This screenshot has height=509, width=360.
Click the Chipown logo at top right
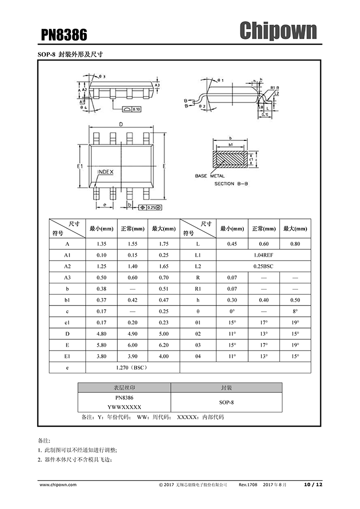(278, 31)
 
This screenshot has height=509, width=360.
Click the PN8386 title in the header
(64, 34)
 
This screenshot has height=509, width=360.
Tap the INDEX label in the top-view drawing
(105, 172)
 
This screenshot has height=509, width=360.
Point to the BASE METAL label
(210, 176)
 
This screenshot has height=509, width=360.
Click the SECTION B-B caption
(231, 184)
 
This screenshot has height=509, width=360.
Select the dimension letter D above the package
(121, 124)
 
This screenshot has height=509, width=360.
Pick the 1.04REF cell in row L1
(263, 255)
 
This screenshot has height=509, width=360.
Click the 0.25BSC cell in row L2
(263, 266)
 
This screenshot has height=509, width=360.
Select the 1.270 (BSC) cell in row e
(133, 368)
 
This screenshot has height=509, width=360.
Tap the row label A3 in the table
(67, 278)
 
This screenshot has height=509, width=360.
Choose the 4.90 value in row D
(133, 334)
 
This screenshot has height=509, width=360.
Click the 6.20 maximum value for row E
(164, 345)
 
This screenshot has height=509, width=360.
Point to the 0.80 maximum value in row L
(295, 244)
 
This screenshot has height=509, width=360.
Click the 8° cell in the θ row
(295, 312)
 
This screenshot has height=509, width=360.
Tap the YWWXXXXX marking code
(124, 407)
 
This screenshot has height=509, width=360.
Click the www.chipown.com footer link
(58, 485)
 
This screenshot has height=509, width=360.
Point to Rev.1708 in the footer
(248, 485)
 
